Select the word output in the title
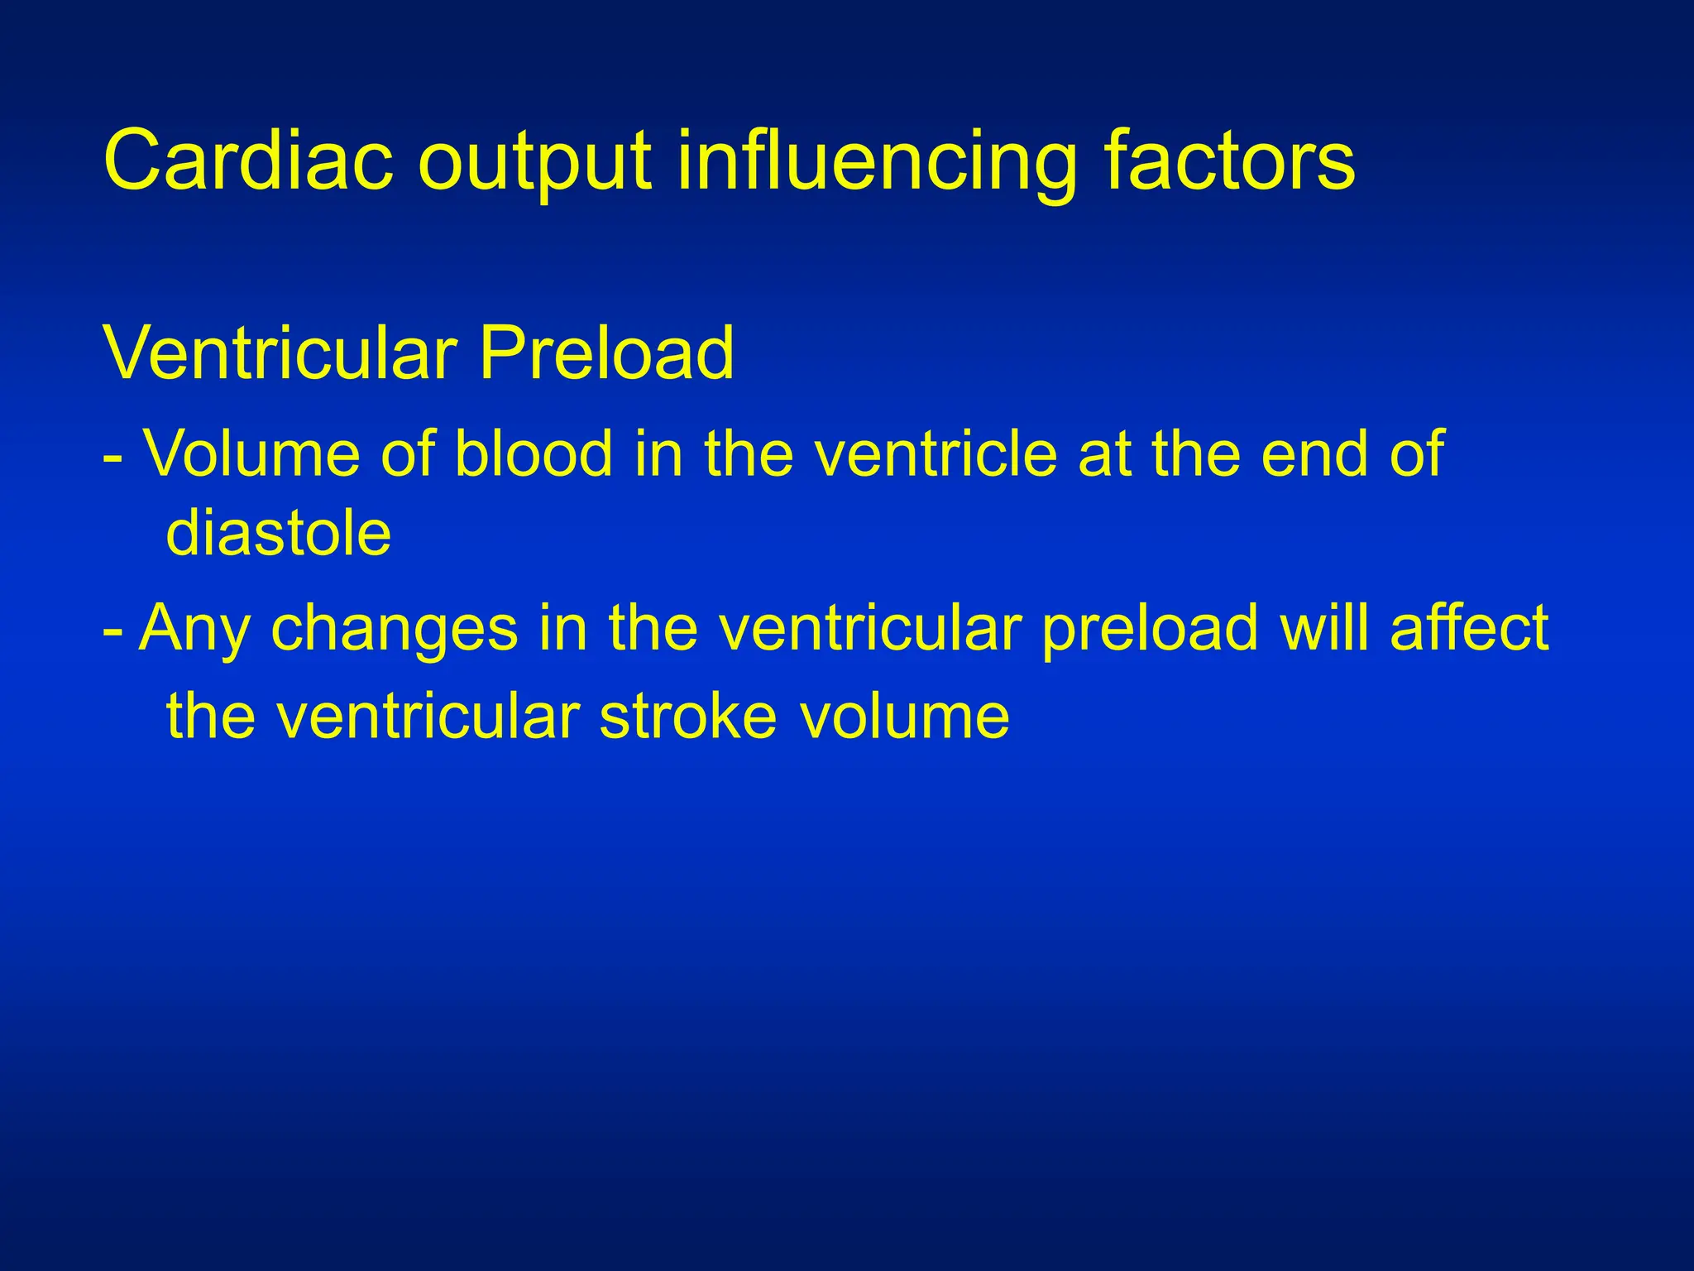coord(535,163)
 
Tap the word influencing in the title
coord(877,163)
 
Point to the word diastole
coord(278,533)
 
